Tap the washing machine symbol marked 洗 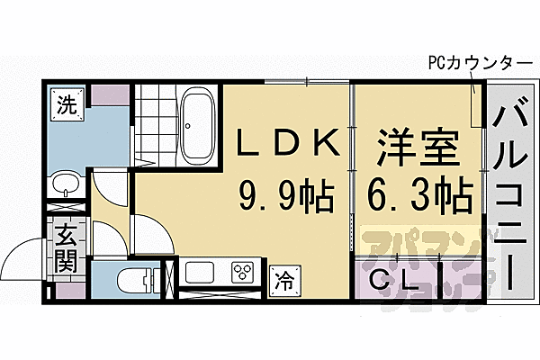point(67,103)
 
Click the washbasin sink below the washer point(67,184)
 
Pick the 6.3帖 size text point(419,193)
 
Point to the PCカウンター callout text point(479,64)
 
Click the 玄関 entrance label point(67,249)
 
